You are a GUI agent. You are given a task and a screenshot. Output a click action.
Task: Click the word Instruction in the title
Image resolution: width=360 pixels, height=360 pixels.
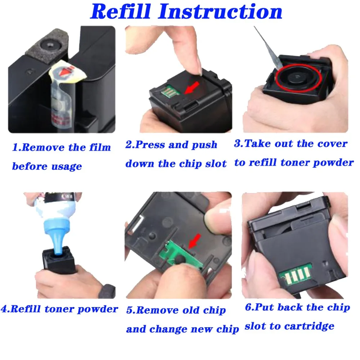point(220,12)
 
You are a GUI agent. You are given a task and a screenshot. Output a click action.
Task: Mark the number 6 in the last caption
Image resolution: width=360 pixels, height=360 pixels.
point(248,307)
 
